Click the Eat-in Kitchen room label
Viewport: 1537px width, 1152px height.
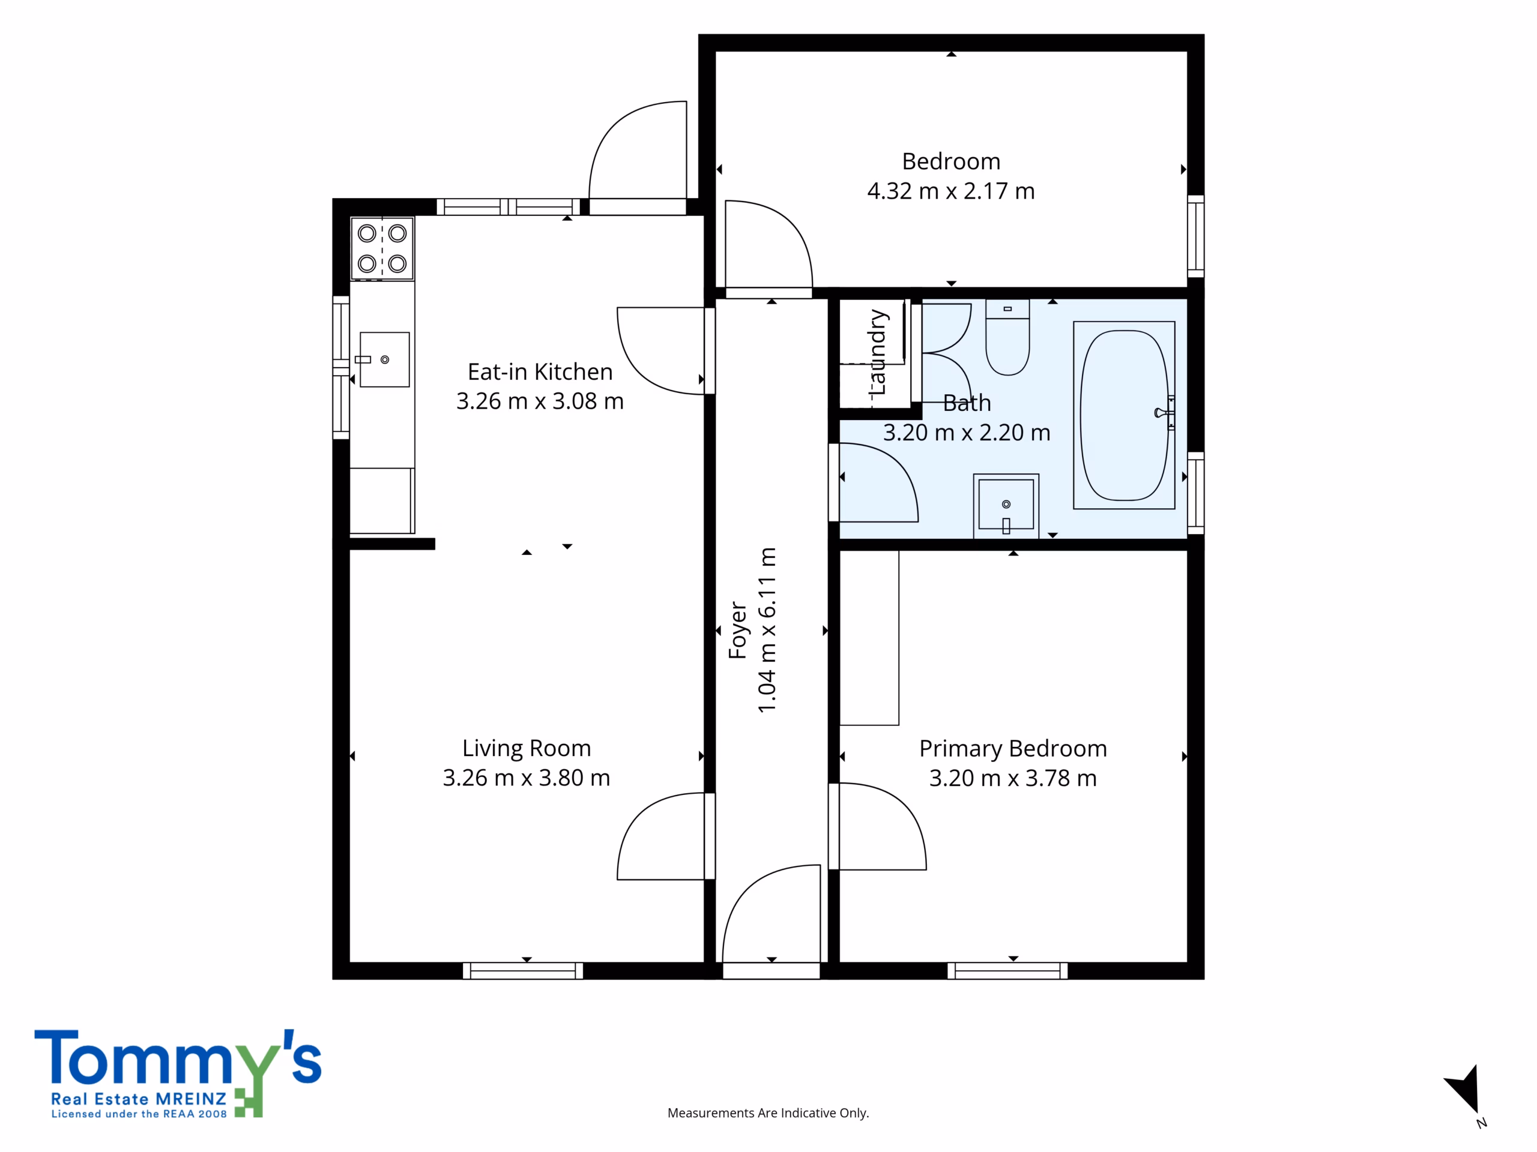tap(540, 372)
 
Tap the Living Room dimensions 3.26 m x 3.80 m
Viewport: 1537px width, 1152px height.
tap(527, 778)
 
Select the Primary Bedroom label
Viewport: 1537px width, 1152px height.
tap(1013, 749)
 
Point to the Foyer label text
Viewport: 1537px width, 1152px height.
tap(738, 630)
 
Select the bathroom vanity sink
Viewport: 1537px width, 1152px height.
tap(1006, 506)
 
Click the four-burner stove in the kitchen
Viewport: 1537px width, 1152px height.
tap(382, 248)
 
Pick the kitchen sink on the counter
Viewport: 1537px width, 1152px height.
tap(384, 359)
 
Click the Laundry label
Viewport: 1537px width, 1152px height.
tap(878, 353)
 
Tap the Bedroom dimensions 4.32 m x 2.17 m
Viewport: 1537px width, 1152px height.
tap(951, 191)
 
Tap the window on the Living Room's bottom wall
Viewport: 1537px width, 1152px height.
tap(523, 971)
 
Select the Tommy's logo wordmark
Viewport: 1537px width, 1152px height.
tap(178, 1072)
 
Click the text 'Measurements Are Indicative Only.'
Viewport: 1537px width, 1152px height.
tap(768, 1113)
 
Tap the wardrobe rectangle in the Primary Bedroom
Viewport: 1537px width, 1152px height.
tap(869, 637)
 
